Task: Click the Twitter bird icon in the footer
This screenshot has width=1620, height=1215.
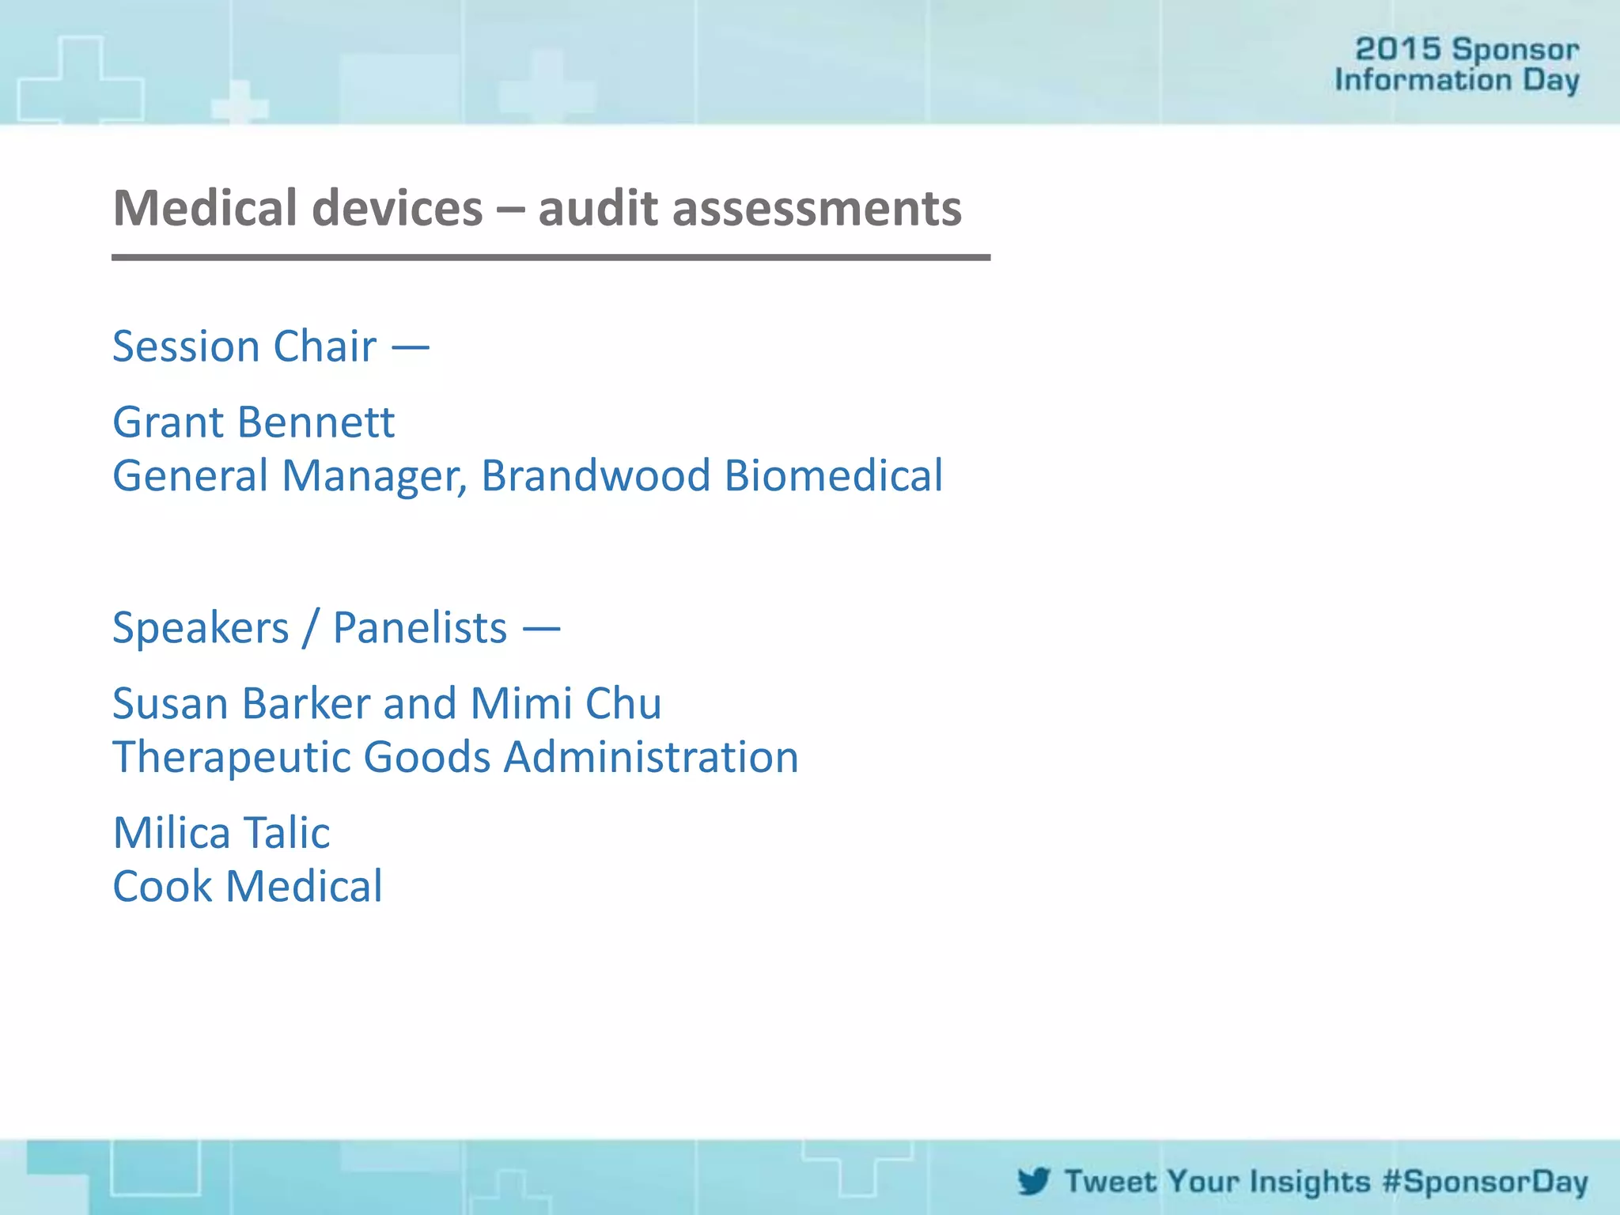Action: pos(1034,1181)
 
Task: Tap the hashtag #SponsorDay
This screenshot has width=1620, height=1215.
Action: pos(1485,1182)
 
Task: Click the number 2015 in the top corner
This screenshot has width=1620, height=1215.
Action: pos(1398,49)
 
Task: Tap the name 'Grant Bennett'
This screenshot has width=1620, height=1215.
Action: pos(253,422)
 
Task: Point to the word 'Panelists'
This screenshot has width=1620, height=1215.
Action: pos(419,628)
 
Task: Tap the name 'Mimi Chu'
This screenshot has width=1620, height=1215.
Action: pos(566,703)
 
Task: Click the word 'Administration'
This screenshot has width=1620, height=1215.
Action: pos(651,757)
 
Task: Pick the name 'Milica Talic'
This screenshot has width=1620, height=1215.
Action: pos(221,833)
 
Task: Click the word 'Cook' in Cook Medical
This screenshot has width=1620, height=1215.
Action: pos(162,886)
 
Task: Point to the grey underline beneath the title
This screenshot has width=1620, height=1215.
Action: pos(551,257)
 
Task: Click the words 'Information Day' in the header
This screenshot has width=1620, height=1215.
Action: pos(1456,80)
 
